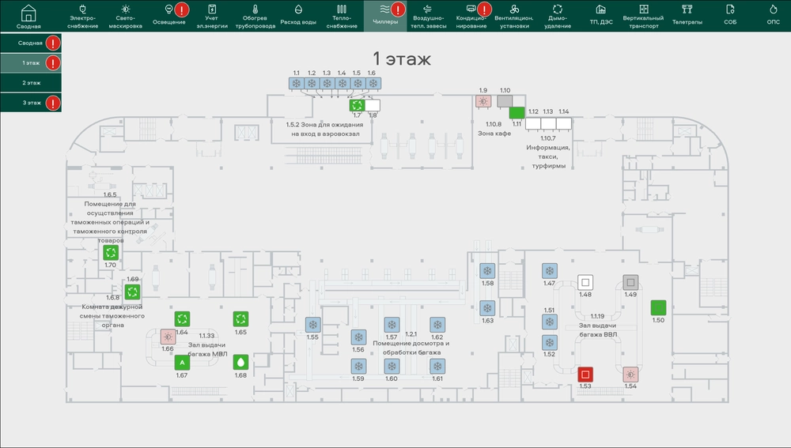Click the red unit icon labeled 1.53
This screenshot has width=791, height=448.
tap(585, 375)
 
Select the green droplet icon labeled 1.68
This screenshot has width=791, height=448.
tap(240, 363)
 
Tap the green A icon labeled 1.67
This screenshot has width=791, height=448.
tap(182, 363)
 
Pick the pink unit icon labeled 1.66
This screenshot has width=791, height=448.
tap(168, 337)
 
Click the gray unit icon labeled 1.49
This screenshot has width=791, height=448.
tap(630, 282)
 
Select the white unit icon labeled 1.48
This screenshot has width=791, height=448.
tap(585, 282)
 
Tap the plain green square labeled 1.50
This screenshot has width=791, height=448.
tap(658, 307)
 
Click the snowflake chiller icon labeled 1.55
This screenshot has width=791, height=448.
tap(312, 325)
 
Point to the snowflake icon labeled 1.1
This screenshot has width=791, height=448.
tap(297, 83)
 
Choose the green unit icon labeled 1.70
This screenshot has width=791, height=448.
tap(111, 253)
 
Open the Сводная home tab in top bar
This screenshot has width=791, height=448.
tap(28, 16)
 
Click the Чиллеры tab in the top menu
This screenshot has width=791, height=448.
tap(385, 16)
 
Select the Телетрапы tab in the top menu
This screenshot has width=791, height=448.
tap(687, 16)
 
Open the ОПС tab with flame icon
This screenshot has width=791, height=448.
tap(774, 16)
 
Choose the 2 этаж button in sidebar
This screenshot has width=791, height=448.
tap(31, 83)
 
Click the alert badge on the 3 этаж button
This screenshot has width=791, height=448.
tap(53, 103)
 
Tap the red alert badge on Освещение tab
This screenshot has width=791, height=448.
tap(182, 9)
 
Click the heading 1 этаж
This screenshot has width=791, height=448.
tap(402, 59)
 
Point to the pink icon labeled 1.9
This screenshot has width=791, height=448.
tap(483, 101)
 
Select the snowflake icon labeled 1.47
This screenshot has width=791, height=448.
tap(550, 271)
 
